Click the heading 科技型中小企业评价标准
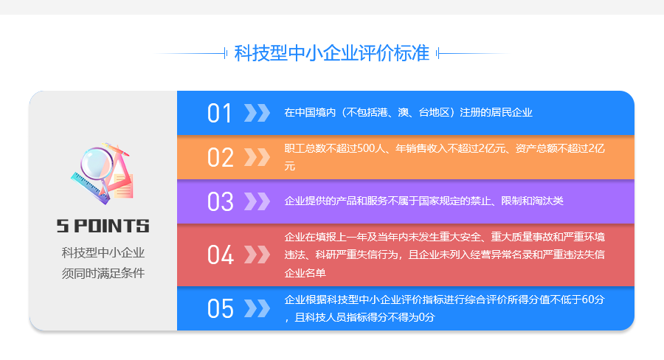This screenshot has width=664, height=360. point(331,53)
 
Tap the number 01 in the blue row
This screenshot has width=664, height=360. point(219,114)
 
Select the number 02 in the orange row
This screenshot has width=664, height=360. point(220,158)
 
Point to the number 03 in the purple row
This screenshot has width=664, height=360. point(220,201)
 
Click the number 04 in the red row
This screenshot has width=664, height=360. point(220,255)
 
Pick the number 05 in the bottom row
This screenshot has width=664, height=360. point(220,308)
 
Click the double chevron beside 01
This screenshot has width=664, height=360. point(257,113)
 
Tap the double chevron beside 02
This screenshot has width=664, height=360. point(257,157)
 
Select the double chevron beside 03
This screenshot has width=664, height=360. point(257,201)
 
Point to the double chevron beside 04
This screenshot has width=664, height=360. point(257,255)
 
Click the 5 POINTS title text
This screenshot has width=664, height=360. point(103,226)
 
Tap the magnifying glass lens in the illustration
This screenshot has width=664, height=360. point(97,164)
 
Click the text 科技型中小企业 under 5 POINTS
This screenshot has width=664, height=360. point(103,253)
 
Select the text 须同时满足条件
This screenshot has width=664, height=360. point(103,273)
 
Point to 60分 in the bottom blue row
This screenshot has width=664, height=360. point(593,300)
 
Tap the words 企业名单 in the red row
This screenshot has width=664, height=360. point(305,273)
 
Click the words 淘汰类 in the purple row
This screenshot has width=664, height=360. point(547,201)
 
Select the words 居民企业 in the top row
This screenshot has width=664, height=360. point(511,112)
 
